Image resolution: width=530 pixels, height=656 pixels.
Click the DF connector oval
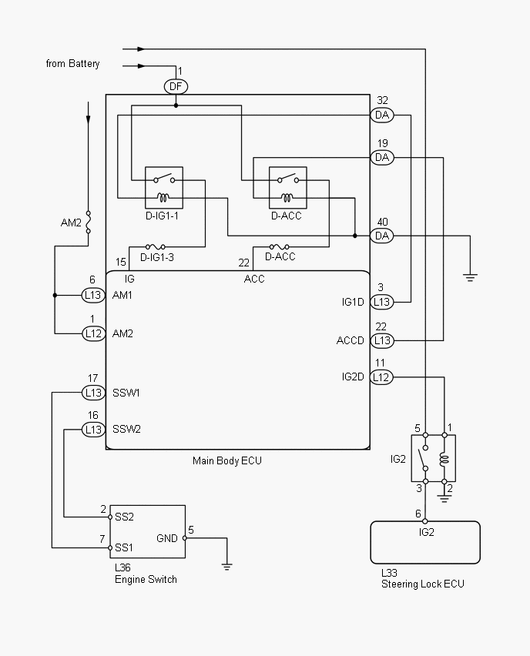tap(176, 86)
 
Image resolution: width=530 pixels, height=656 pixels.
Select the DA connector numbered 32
tap(382, 115)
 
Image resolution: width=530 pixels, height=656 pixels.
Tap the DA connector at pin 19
tap(382, 157)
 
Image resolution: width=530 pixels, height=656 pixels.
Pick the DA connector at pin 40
tap(382, 236)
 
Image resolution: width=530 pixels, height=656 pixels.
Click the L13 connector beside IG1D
tap(381, 302)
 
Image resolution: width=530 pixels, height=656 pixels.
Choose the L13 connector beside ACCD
tap(381, 340)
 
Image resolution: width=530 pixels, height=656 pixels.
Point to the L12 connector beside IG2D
tap(381, 377)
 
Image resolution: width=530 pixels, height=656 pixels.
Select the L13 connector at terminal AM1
tap(93, 295)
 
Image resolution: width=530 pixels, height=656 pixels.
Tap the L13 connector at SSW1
tap(93, 393)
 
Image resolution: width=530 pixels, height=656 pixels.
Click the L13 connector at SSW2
tap(93, 429)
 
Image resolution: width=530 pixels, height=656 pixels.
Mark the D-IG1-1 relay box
tap(163, 187)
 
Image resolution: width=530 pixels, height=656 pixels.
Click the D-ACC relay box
tap(287, 187)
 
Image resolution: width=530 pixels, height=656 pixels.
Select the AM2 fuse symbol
tap(88, 223)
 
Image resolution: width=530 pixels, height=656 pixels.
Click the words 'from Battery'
tap(72, 64)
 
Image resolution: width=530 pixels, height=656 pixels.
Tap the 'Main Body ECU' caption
tap(227, 461)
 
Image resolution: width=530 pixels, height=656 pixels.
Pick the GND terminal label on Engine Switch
tap(167, 538)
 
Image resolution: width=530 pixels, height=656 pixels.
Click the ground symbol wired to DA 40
tap(471, 275)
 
